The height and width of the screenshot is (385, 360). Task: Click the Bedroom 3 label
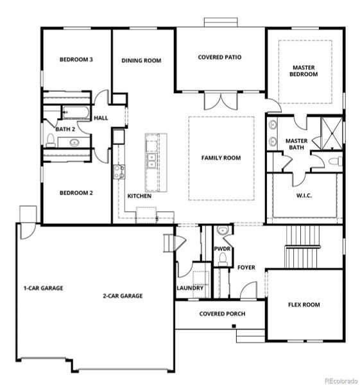click(76, 60)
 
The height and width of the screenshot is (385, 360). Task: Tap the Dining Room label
click(141, 61)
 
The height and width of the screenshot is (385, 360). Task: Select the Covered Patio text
click(219, 57)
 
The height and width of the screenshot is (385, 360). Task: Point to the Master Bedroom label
click(305, 71)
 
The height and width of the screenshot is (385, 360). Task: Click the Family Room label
click(221, 157)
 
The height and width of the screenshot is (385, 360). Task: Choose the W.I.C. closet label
click(304, 196)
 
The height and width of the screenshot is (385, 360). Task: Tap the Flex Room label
click(304, 305)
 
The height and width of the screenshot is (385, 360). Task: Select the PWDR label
click(223, 248)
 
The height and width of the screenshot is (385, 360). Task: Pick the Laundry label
click(190, 288)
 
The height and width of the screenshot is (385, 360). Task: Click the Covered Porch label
click(219, 314)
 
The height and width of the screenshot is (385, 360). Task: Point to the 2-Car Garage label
click(123, 296)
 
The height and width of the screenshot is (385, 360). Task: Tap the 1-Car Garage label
click(44, 288)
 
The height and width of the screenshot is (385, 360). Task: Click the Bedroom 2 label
click(76, 193)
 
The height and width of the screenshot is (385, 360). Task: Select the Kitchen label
click(139, 196)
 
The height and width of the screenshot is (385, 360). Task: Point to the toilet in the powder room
click(223, 259)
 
